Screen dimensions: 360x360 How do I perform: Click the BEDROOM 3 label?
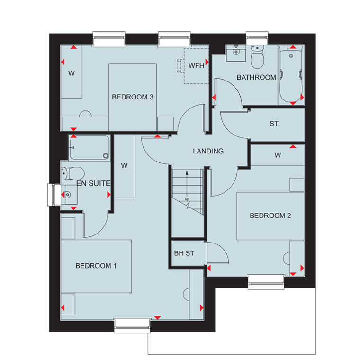click(x=133, y=97)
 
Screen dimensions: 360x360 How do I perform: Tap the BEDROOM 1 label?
click(x=96, y=266)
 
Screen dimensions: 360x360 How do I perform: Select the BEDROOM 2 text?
click(x=270, y=216)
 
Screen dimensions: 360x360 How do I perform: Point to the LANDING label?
click(x=208, y=151)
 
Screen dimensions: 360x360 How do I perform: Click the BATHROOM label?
click(x=256, y=77)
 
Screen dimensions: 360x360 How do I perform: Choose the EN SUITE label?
click(x=93, y=183)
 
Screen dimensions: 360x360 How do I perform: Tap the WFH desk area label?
click(x=196, y=66)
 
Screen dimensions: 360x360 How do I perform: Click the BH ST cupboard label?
click(x=184, y=253)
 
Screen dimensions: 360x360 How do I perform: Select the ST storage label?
click(x=274, y=124)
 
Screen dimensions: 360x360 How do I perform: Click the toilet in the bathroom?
click(x=257, y=56)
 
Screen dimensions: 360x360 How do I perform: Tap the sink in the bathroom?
click(x=236, y=53)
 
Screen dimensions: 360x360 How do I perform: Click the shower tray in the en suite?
click(x=90, y=148)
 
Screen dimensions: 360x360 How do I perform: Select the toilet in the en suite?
click(x=72, y=173)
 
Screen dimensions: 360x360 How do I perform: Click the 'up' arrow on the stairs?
click(x=187, y=185)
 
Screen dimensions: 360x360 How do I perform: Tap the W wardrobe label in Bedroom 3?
click(x=72, y=73)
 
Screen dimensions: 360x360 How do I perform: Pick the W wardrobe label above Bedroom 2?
click(x=278, y=155)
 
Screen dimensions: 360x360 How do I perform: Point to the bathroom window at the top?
click(x=257, y=38)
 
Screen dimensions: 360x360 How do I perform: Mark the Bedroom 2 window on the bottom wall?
click(x=266, y=282)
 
